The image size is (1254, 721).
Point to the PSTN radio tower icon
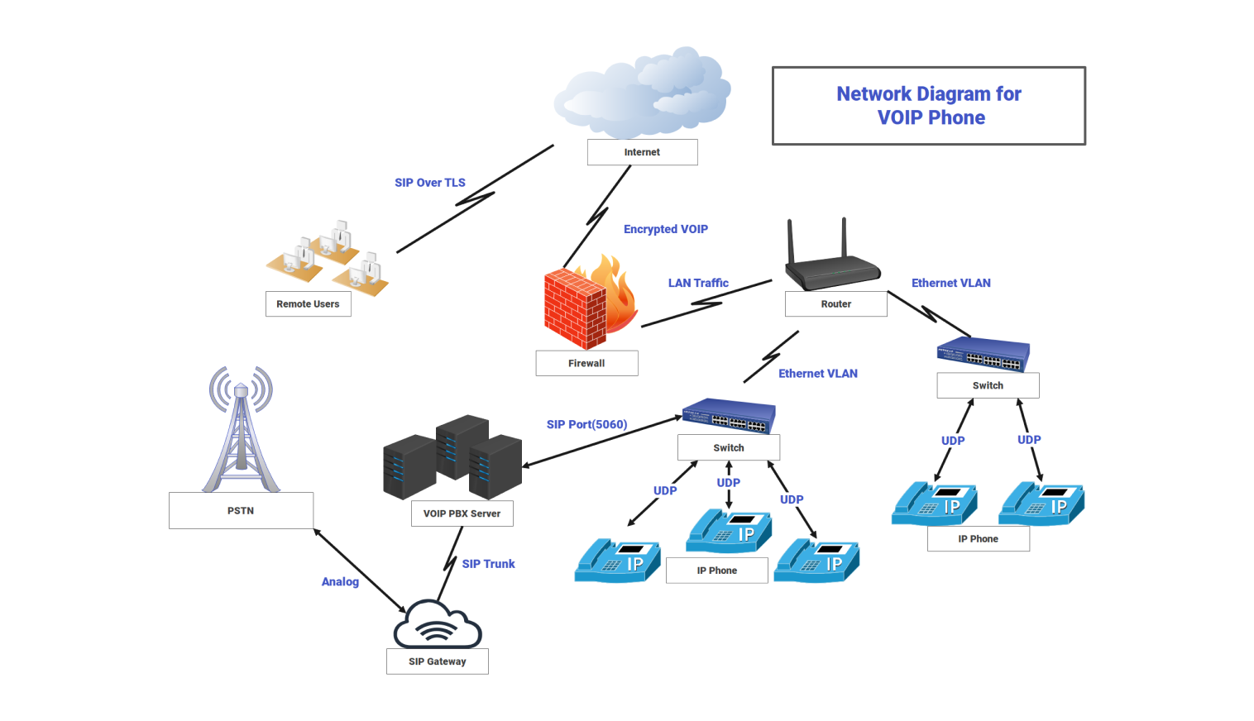[x=241, y=430]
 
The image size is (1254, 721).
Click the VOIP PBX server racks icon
[x=452, y=457]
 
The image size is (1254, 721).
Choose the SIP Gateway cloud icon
[x=437, y=625]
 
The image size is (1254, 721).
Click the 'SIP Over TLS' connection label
[x=429, y=183]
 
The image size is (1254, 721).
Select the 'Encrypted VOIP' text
[x=665, y=229]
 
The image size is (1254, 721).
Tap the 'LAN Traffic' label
[x=698, y=283]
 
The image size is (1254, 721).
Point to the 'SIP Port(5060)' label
[x=586, y=424]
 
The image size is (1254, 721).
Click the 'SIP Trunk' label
[x=488, y=564]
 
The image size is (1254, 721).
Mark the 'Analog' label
[x=340, y=582]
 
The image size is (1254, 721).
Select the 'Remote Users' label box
[x=308, y=304]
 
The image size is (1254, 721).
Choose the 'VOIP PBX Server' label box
[x=462, y=513]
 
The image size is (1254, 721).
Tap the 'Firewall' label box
[x=586, y=363]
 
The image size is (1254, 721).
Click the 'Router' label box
[x=835, y=304]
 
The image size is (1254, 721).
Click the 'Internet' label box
[x=642, y=152]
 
